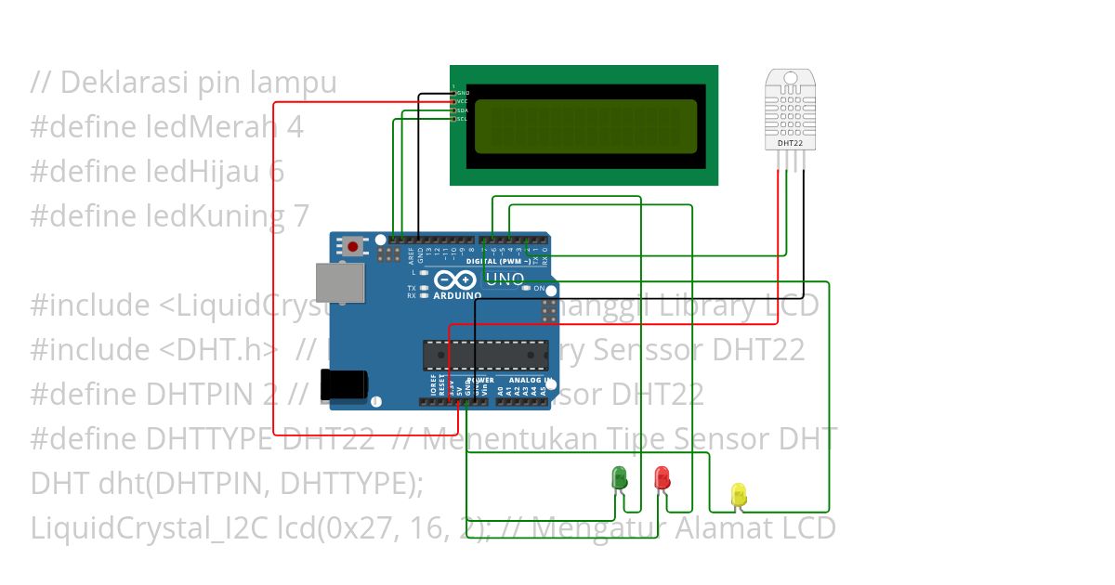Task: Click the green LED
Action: click(x=619, y=478)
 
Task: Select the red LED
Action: click(x=662, y=478)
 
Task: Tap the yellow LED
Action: click(x=739, y=494)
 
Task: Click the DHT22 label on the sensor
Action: click(x=790, y=143)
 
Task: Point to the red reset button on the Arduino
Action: click(x=354, y=246)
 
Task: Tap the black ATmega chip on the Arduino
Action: click(x=482, y=354)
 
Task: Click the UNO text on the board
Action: click(x=505, y=279)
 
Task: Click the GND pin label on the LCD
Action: click(x=463, y=93)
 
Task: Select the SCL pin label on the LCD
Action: click(x=462, y=119)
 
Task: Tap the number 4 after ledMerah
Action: click(x=295, y=126)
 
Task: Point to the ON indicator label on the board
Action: click(x=539, y=289)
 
